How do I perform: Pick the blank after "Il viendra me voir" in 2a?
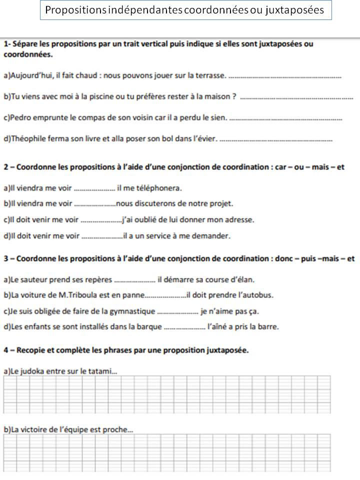point(94,189)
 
